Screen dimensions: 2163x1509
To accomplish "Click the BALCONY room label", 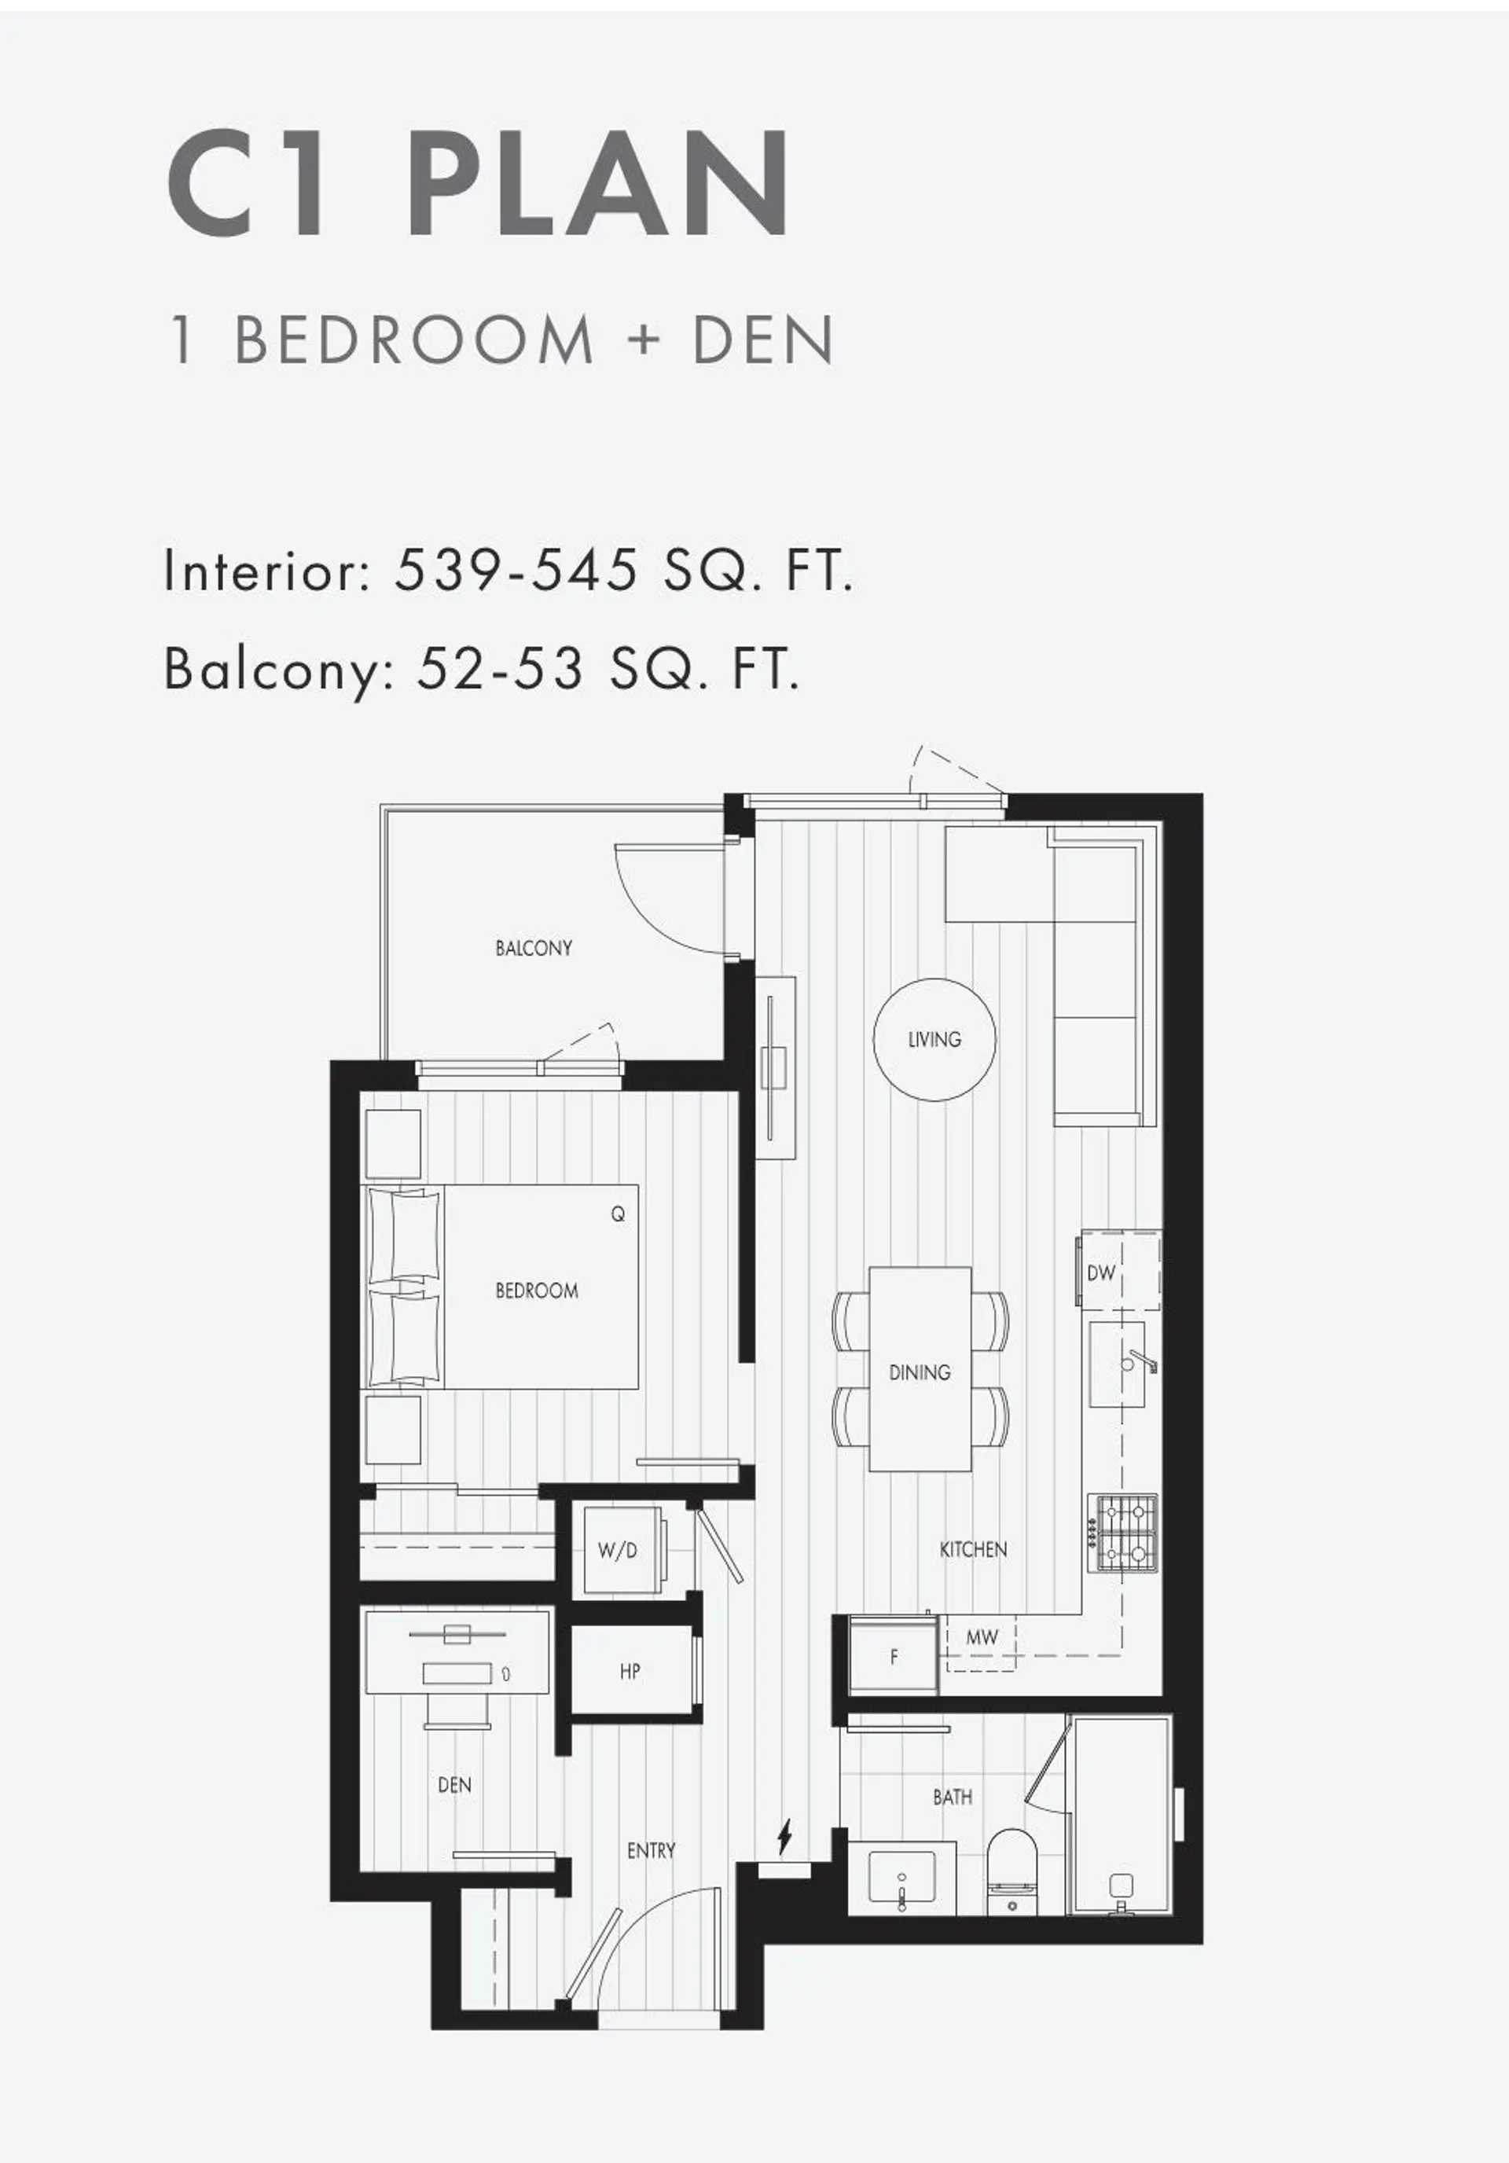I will (533, 948).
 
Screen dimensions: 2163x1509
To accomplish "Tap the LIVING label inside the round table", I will (934, 1039).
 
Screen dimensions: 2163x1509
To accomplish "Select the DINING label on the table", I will (920, 1372).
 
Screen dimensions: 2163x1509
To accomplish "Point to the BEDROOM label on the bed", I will (537, 1291).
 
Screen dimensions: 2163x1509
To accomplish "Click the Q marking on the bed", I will (618, 1214).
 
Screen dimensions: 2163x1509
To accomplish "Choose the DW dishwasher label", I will (1101, 1272).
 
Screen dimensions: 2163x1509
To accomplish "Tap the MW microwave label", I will (982, 1637).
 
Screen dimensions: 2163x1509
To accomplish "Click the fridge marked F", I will (894, 1655).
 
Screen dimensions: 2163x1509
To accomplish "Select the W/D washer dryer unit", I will (618, 1550).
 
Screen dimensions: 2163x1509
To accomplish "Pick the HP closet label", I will (630, 1671).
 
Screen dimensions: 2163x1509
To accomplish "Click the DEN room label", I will (455, 1784).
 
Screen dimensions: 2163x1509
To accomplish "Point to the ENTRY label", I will (651, 1850).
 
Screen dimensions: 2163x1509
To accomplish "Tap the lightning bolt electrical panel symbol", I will (784, 1835).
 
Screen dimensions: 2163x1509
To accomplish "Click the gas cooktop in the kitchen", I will (1124, 1533).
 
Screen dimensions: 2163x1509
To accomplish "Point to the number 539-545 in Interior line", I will (516, 570).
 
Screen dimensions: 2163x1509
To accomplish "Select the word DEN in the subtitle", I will (764, 340).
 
